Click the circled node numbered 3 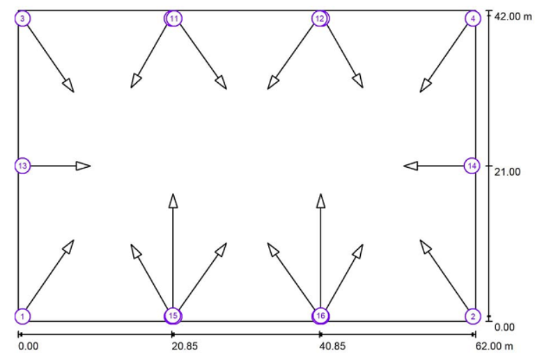(x=22, y=18)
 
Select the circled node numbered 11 (x=173, y=18)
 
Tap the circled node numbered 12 (x=320, y=18)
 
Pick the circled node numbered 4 (x=473, y=18)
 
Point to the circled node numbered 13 (x=22, y=166)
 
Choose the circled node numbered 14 (x=472, y=166)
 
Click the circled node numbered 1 (x=22, y=316)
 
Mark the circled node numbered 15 (x=173, y=316)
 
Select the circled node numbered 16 (x=320, y=316)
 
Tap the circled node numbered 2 (x=473, y=316)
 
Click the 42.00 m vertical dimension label (x=513, y=16)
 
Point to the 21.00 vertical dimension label (x=507, y=172)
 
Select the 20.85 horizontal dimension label (x=185, y=346)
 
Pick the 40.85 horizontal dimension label (x=332, y=346)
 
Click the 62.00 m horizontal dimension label (x=494, y=346)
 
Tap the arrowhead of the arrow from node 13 (x=84, y=166)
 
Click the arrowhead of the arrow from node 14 (x=411, y=166)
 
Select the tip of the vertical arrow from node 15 (x=173, y=194)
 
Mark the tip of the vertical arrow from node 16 (x=320, y=194)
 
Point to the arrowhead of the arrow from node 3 (x=68, y=85)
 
